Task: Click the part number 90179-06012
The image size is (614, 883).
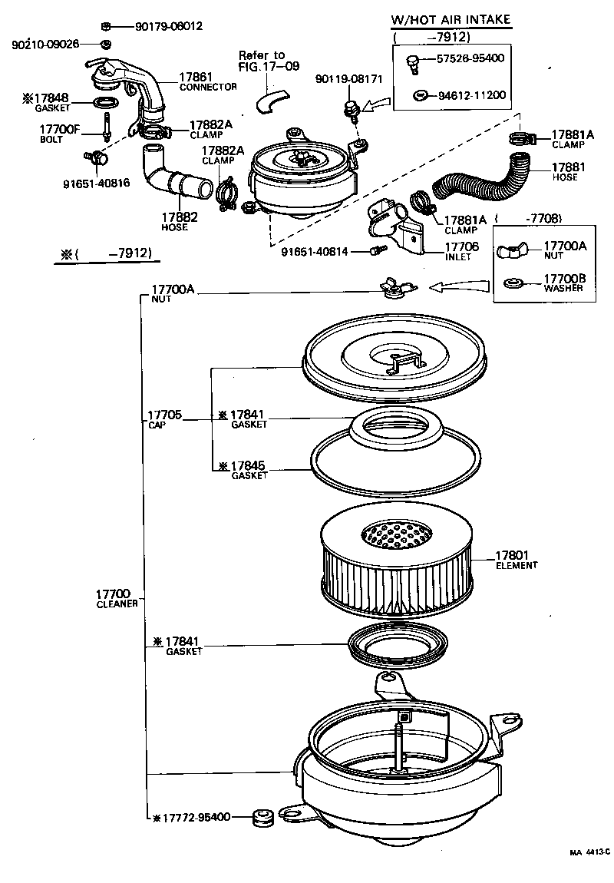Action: pos(169,25)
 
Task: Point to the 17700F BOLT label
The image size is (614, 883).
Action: pos(59,134)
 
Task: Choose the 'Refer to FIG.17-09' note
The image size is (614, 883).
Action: pos(262,60)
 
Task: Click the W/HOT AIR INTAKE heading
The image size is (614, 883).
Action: pos(451,20)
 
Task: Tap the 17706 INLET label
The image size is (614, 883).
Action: pos(462,250)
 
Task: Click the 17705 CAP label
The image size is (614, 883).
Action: pos(163,419)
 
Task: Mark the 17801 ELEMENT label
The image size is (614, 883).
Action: pos(516,560)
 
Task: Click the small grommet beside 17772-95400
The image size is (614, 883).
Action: pos(263,817)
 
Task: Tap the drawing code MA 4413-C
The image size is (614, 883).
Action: pos(589,852)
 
